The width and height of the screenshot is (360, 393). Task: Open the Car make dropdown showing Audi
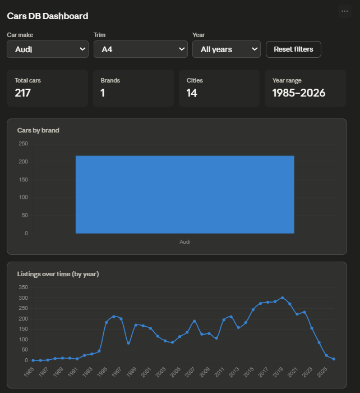click(48, 49)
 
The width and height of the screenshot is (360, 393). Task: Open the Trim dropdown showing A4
click(140, 49)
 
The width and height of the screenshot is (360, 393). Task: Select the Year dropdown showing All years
click(227, 49)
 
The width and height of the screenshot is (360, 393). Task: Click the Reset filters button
click(293, 49)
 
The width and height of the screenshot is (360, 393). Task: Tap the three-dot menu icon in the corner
click(345, 11)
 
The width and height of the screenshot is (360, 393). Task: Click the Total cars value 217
click(23, 93)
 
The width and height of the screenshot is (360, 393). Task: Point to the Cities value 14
click(192, 93)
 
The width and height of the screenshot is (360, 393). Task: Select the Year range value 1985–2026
click(299, 93)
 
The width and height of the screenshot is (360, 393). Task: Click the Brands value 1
click(103, 93)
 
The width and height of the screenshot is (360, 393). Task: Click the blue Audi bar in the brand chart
click(185, 194)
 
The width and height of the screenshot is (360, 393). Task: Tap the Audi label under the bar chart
click(185, 242)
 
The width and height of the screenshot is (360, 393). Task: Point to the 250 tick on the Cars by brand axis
click(24, 144)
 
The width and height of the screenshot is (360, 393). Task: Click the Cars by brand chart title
click(38, 130)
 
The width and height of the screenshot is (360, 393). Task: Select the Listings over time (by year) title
click(58, 274)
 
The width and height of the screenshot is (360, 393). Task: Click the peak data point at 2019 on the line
click(283, 298)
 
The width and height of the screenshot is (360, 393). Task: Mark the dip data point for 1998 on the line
click(128, 343)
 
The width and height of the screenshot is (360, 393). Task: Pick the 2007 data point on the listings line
click(195, 321)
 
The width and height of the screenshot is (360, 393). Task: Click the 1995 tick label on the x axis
click(103, 372)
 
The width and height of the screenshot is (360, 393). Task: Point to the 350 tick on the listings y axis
click(24, 287)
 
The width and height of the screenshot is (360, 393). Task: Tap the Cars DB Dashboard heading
click(48, 16)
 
